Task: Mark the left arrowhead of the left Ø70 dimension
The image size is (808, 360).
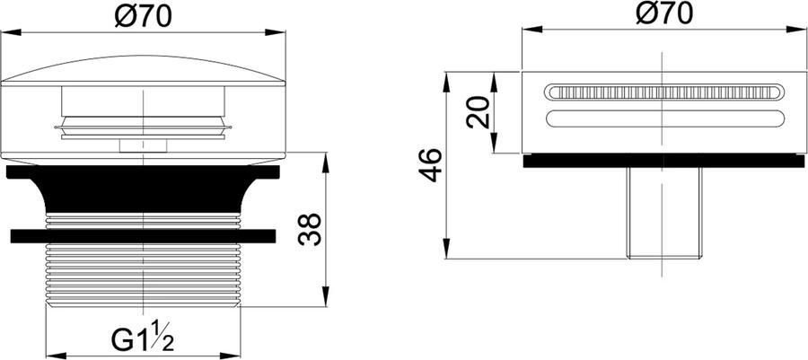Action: point(7,34)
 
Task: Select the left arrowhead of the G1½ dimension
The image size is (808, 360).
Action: point(48,355)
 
